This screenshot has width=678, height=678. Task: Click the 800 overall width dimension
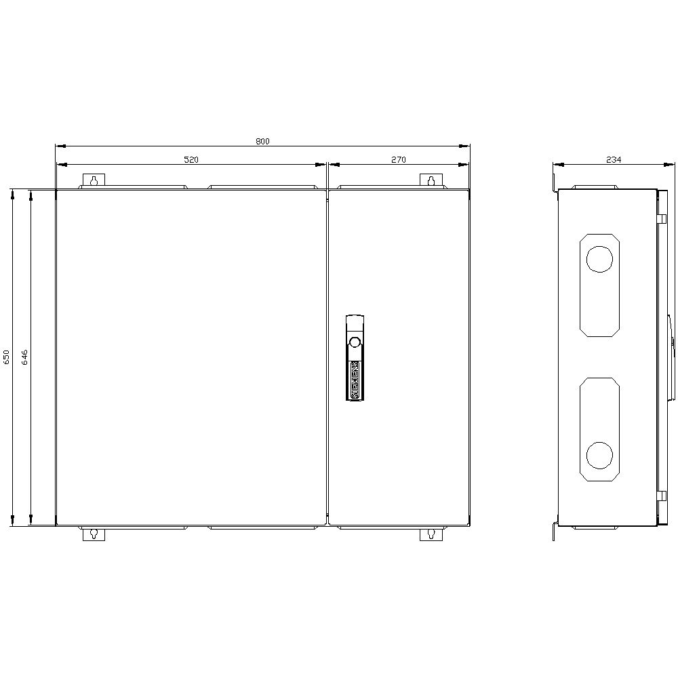pyautogui.click(x=262, y=141)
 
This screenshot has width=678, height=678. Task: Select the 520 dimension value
pyautogui.click(x=191, y=160)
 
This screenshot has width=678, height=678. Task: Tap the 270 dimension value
pyautogui.click(x=398, y=160)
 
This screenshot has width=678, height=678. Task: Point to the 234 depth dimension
pyautogui.click(x=614, y=160)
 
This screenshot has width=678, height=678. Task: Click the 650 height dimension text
pyautogui.click(x=7, y=357)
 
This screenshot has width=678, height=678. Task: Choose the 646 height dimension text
pyautogui.click(x=24, y=357)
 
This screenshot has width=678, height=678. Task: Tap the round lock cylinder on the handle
pyautogui.click(x=354, y=341)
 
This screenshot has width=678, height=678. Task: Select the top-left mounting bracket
pyautogui.click(x=94, y=181)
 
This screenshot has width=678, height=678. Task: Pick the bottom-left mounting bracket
pyautogui.click(x=94, y=534)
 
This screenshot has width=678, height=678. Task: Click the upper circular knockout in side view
pyautogui.click(x=599, y=259)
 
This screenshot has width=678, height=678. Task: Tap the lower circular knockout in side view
pyautogui.click(x=599, y=455)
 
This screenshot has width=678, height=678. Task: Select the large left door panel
pyautogui.click(x=191, y=357)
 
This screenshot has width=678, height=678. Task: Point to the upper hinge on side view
pyautogui.click(x=662, y=218)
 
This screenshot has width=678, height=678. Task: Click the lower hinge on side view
pyautogui.click(x=662, y=496)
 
